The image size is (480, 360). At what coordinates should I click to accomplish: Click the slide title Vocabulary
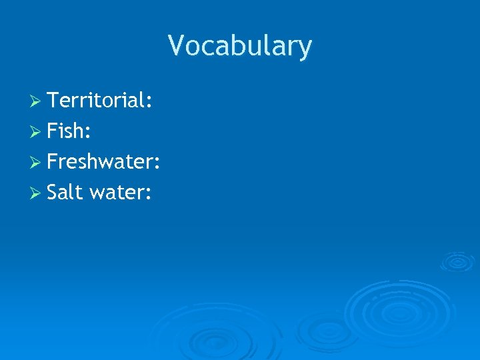(239, 47)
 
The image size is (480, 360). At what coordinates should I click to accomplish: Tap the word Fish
(65, 131)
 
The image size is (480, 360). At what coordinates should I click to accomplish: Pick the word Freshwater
(100, 162)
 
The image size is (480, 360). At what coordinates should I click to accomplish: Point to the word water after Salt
(116, 193)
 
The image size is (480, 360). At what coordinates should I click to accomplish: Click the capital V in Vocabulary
(176, 46)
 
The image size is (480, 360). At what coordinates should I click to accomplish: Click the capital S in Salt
(53, 193)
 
